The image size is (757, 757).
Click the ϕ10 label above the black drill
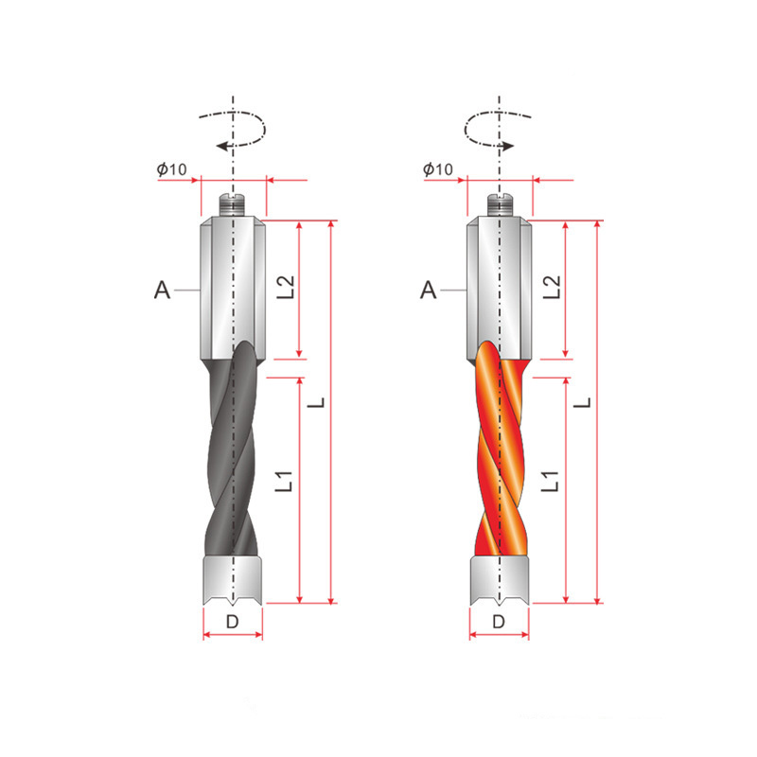click(171, 169)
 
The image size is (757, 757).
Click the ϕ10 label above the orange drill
click(438, 169)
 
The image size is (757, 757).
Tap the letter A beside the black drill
click(162, 290)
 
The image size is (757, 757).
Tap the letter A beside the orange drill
click(429, 290)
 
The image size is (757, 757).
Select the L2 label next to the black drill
click(286, 288)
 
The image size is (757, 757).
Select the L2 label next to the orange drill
click(552, 288)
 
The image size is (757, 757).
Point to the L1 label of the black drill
click(284, 482)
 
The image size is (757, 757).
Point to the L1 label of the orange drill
click(551, 482)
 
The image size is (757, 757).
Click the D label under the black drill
click(232, 622)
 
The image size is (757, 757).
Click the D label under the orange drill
click(499, 622)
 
